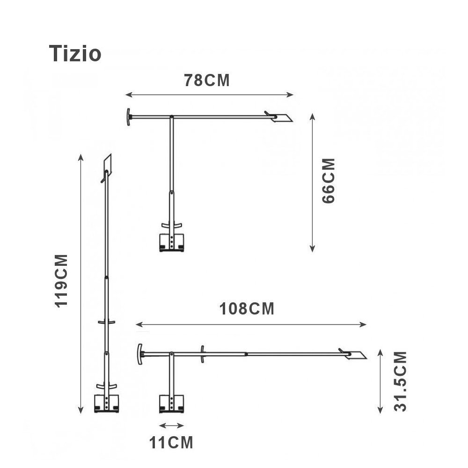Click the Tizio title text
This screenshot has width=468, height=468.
click(x=75, y=54)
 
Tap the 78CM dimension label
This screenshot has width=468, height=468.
click(x=207, y=80)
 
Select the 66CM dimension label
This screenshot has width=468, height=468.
click(x=329, y=181)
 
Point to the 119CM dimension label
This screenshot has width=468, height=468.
click(x=61, y=280)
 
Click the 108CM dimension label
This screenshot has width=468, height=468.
click(x=247, y=308)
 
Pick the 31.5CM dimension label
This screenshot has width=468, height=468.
click(x=400, y=382)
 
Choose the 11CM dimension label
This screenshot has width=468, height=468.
click(x=171, y=442)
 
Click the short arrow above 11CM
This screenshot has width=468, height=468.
click(x=172, y=425)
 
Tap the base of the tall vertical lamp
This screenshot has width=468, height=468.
click(x=107, y=404)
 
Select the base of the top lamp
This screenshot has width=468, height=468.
click(x=172, y=242)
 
